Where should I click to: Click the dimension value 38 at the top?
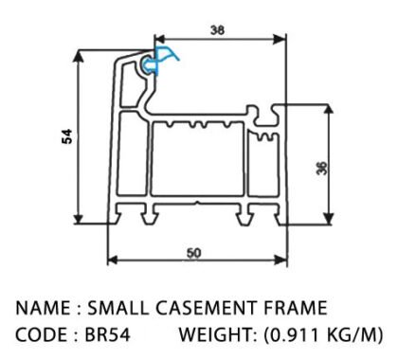(218, 30)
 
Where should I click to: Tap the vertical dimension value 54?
(67, 136)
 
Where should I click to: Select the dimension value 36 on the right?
(322, 168)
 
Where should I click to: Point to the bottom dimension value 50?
(194, 253)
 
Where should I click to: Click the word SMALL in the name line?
(118, 308)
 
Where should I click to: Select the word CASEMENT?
(206, 308)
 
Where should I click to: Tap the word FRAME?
(296, 308)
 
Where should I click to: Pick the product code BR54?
(107, 334)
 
